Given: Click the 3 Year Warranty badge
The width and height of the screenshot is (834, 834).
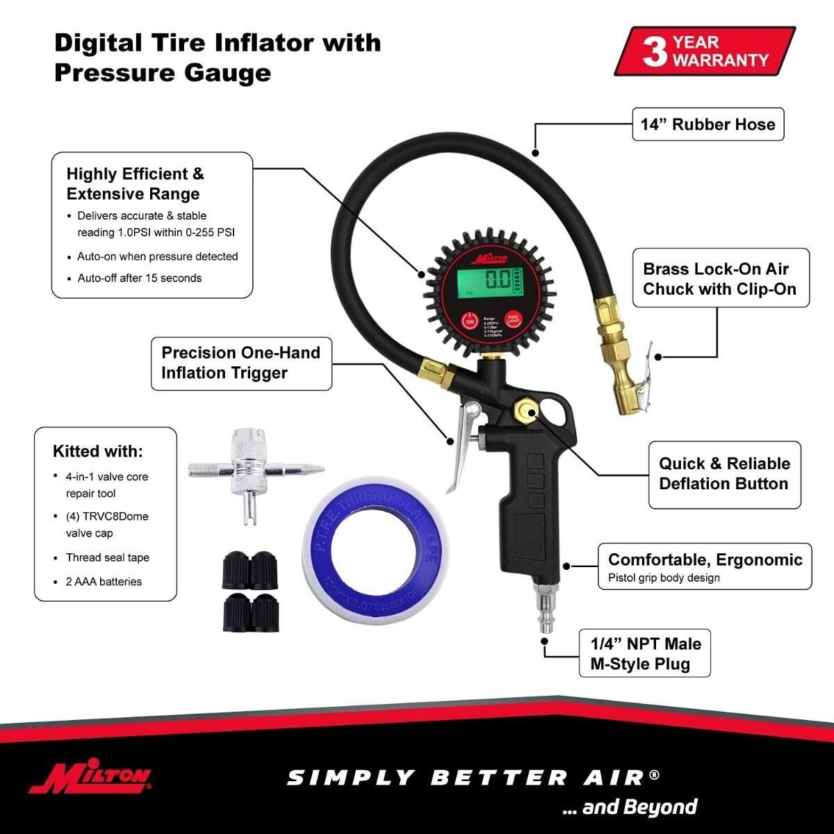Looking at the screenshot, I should tap(705, 51).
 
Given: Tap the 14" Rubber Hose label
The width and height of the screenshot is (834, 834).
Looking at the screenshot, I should tap(708, 124).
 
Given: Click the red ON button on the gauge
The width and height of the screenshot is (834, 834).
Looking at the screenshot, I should tap(470, 321).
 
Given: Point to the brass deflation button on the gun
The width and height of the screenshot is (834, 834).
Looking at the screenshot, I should tap(523, 411).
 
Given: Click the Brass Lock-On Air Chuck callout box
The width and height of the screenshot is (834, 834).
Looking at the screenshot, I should tap(720, 279).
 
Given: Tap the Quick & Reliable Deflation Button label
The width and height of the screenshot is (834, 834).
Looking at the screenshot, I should tap(723, 474).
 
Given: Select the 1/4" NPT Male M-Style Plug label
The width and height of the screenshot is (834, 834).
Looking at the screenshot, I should tap(645, 653).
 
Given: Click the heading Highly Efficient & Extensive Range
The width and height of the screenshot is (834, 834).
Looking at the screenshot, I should tap(135, 183).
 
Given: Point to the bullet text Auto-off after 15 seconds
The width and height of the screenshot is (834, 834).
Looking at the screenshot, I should tap(139, 278).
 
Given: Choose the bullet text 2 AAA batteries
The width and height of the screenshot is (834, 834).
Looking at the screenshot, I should tap(104, 582).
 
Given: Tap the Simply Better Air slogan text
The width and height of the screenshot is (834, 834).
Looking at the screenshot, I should tap(473, 777).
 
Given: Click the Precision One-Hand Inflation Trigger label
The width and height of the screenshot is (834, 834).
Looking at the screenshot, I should tap(240, 362).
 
